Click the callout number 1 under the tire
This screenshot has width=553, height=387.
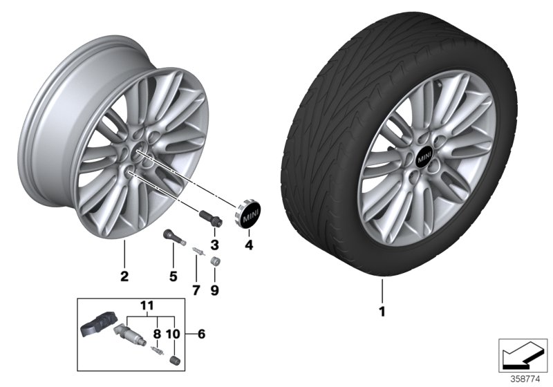coord(381,312)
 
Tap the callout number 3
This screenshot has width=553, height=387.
coord(214,245)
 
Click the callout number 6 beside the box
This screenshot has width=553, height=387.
coord(201,334)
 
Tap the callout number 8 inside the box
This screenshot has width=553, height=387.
coord(158,333)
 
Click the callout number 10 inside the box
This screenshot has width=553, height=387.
coord(173,333)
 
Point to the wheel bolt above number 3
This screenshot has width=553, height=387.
coord(210,216)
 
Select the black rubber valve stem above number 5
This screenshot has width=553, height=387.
coord(172,238)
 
